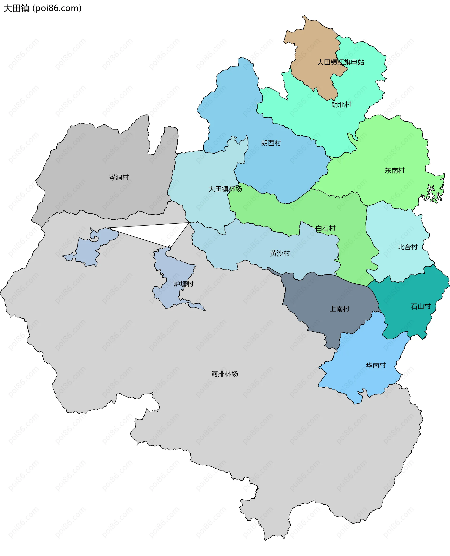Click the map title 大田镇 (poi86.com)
pyautogui.click(x=42, y=8)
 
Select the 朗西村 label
pyautogui.click(x=271, y=143)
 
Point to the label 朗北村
pyautogui.click(x=341, y=105)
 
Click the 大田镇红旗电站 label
pyautogui.click(x=341, y=62)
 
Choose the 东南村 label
pyautogui.click(x=394, y=171)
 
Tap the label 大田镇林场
pyautogui.click(x=225, y=189)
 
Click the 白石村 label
pyautogui.click(x=326, y=228)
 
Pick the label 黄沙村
pyautogui.click(x=280, y=253)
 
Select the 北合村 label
pyautogui.click(x=408, y=247)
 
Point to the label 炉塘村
pyautogui.click(x=184, y=284)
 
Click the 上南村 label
pyautogui.click(x=339, y=309)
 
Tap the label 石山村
pyautogui.click(x=421, y=306)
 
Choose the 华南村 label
pyautogui.click(x=376, y=365)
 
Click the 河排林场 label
pyautogui.click(x=225, y=374)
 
